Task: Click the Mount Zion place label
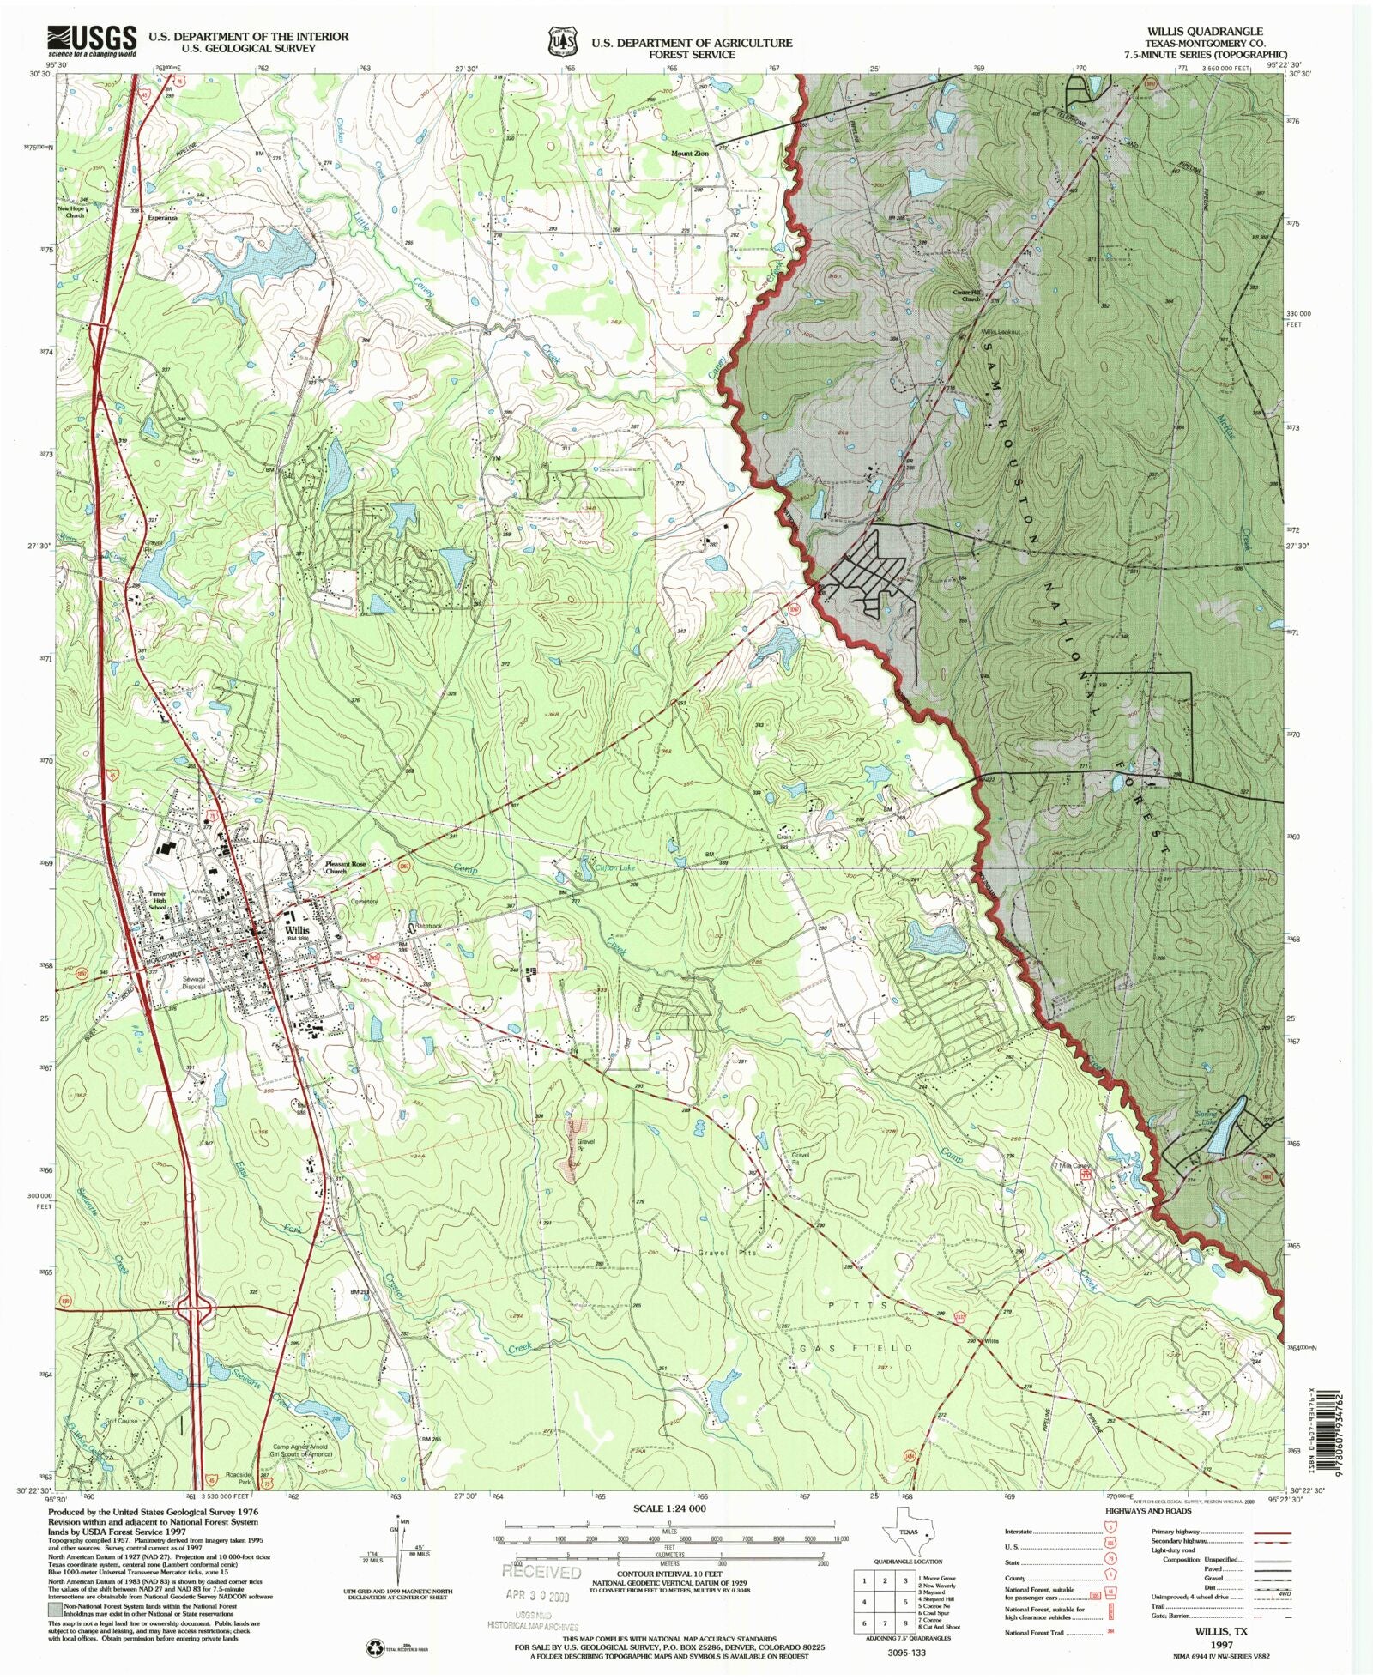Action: [x=689, y=154]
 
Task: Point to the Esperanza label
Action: [x=162, y=218]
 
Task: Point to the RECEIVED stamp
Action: [x=541, y=1573]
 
